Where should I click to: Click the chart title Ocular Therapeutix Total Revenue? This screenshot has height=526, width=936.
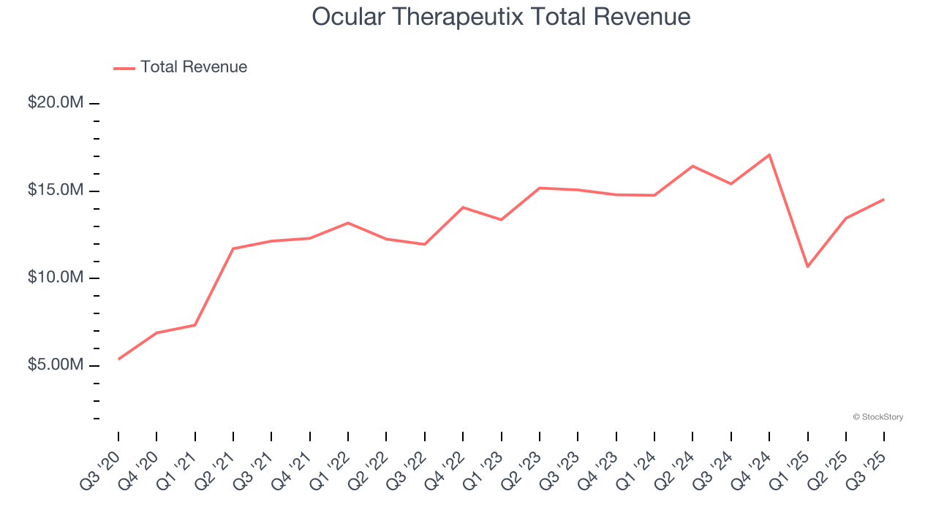pos(501,17)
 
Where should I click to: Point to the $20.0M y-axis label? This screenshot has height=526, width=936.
pos(56,103)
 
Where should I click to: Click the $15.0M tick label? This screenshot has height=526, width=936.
pos(56,191)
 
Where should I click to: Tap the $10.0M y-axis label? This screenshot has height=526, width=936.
pos(56,278)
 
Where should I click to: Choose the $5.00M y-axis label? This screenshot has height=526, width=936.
pos(56,365)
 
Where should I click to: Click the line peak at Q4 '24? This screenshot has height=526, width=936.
pos(769,155)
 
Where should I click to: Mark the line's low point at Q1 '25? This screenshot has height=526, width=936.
pos(807,267)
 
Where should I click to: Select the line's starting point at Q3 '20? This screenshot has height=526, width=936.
pos(118,359)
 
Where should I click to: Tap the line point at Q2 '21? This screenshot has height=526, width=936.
pos(233,248)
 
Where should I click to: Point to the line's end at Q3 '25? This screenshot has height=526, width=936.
pos(883,199)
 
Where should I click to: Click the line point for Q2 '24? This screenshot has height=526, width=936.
pos(692,166)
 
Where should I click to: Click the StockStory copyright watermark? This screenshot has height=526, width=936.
pos(877,417)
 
